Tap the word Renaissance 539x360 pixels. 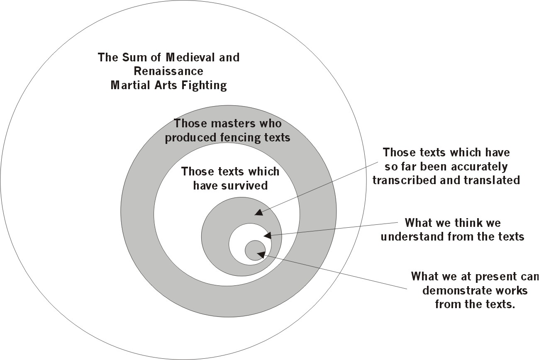coord(168,71)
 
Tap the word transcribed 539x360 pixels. coord(405,180)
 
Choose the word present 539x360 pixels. coord(489,276)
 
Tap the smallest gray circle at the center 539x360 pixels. coord(255,251)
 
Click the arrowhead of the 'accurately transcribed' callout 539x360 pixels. coord(258,213)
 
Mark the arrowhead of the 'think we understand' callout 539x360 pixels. coord(267,236)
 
